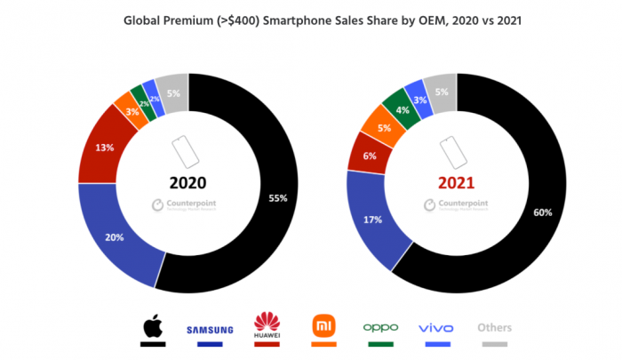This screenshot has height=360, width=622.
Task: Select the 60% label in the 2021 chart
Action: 543,212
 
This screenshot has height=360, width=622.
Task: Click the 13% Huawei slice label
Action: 104,148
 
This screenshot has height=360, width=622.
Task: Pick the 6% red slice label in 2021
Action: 370,155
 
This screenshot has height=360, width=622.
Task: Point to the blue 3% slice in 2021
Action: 419,100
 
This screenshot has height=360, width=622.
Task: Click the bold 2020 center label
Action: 187,183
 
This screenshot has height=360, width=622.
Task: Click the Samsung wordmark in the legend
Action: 210,330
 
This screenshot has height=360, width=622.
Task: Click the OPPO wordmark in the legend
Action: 381,327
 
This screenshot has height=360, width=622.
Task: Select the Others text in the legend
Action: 494,327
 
